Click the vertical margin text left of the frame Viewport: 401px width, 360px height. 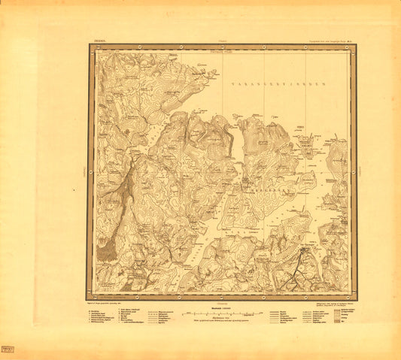coord(81,172)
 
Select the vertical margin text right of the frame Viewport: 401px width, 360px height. coord(363,172)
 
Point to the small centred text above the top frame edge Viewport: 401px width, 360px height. coord(223,41)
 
